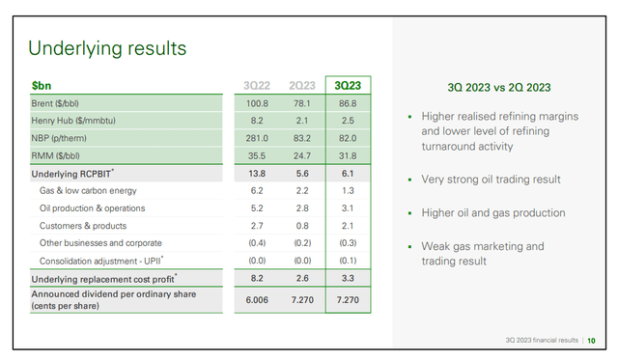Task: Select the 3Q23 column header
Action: tap(351, 85)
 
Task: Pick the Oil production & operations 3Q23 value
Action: tap(351, 208)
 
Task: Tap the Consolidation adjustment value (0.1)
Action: tap(351, 261)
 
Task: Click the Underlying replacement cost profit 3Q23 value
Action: tap(351, 278)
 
